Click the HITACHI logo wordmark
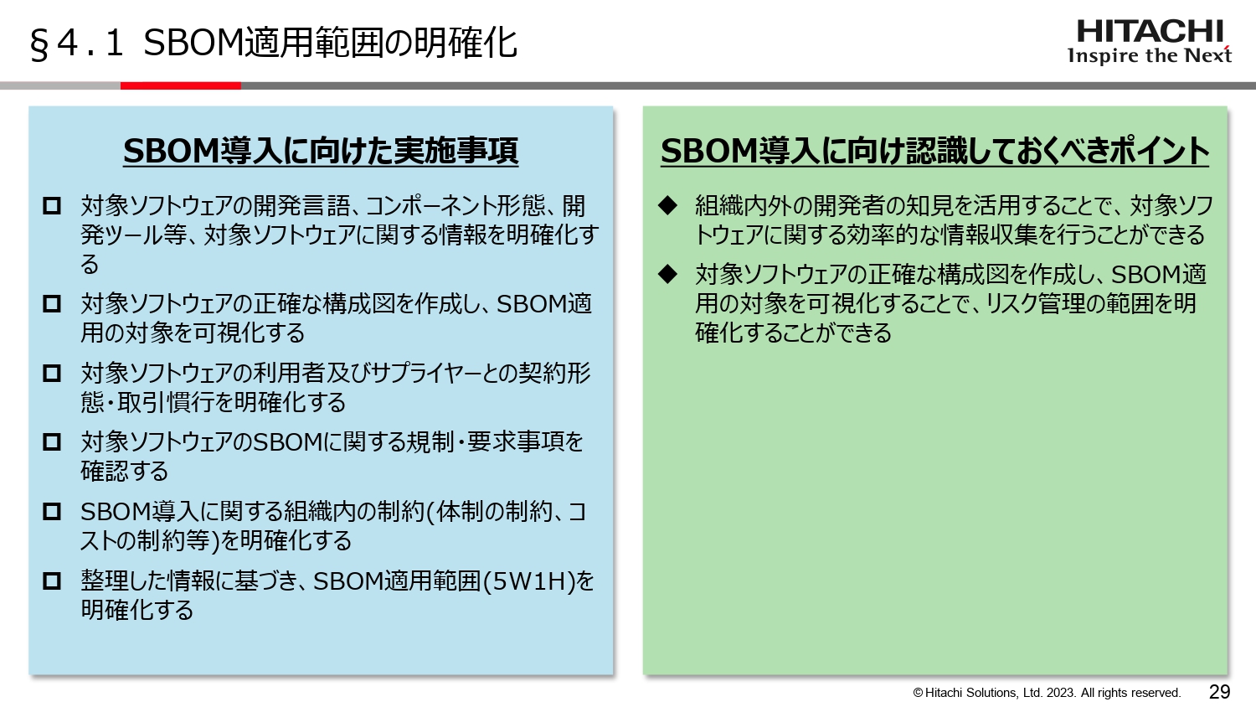tap(1149, 32)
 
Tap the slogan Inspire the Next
tap(1149, 56)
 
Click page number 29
tap(1219, 692)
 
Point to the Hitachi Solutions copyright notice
tap(1047, 693)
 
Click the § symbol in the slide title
tap(39, 44)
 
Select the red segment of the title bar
tap(181, 85)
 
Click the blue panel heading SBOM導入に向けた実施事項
tap(321, 151)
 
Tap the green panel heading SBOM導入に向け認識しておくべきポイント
tap(934, 151)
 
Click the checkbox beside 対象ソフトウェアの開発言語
tap(52, 206)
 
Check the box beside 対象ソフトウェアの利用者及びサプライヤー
tap(52, 373)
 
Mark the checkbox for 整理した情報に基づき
tap(52, 581)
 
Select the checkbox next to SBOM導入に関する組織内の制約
tap(52, 511)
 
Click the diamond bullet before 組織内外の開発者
tap(667, 205)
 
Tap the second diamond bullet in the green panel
tap(667, 274)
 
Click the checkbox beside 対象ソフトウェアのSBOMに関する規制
tap(52, 441)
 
